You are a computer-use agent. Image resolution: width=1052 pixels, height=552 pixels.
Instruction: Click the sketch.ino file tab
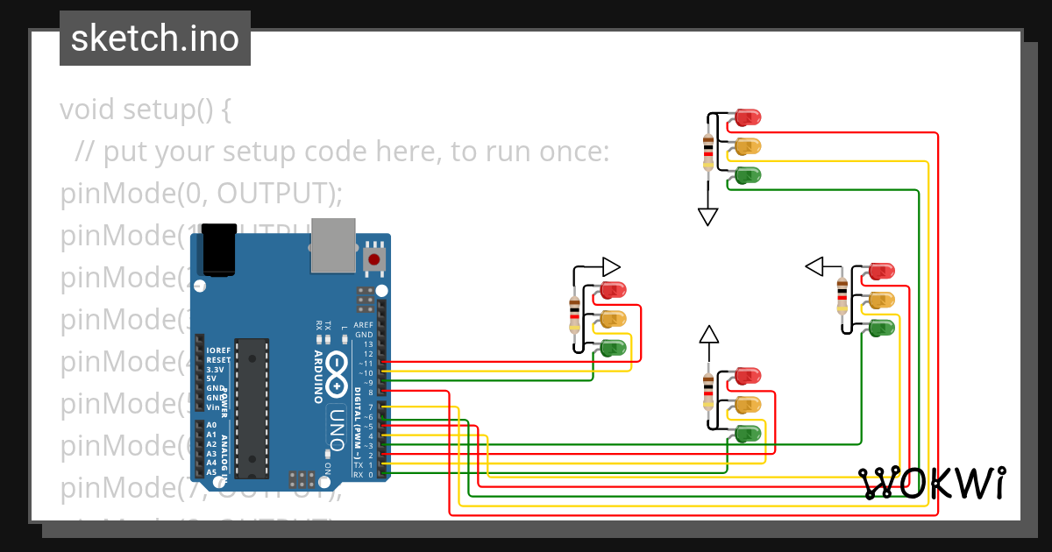(155, 39)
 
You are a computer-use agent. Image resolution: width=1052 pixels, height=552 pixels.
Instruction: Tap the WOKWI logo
(931, 483)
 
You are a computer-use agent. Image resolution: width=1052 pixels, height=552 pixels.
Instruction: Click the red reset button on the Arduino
(374, 259)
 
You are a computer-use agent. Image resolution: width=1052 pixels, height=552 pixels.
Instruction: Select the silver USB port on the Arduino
(332, 245)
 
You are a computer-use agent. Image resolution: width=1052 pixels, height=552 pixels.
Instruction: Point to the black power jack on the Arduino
(218, 249)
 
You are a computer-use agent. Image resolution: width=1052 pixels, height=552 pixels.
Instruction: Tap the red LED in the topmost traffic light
(747, 117)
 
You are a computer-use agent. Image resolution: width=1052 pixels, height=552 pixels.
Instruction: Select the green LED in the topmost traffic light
(747, 175)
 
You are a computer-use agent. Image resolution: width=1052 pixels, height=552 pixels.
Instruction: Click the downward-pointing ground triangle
(708, 216)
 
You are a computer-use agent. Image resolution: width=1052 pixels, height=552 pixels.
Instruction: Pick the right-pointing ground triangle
(611, 266)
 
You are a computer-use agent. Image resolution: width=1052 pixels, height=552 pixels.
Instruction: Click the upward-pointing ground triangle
(708, 334)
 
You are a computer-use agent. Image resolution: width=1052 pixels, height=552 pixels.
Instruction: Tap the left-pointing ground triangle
(814, 265)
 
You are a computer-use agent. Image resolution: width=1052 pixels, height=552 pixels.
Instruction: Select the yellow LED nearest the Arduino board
(612, 318)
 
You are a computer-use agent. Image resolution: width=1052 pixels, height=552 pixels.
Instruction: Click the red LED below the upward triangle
(746, 376)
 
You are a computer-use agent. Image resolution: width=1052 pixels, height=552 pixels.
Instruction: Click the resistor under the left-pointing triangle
(842, 297)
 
